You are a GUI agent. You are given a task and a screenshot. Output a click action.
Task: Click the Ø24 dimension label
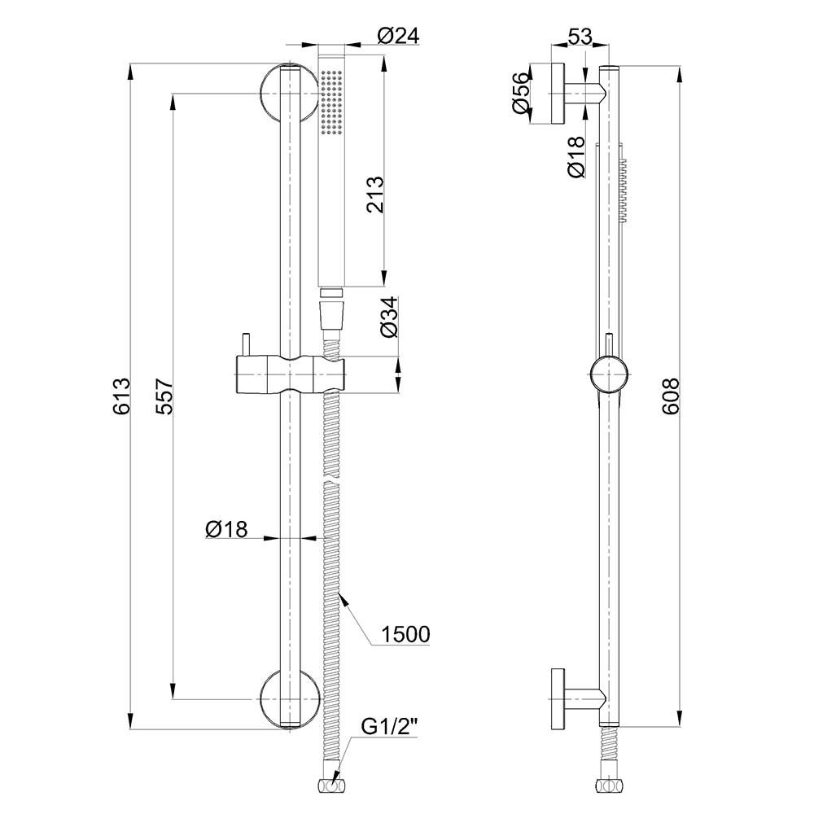point(398,36)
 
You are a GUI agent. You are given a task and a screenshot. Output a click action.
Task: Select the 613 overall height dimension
point(121,396)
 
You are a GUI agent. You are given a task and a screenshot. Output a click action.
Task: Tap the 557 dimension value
point(164,396)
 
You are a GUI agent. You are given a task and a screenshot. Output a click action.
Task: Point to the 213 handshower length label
point(374,195)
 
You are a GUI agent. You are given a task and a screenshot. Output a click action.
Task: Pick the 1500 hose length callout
point(405,634)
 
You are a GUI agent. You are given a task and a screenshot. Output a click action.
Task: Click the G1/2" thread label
point(389,728)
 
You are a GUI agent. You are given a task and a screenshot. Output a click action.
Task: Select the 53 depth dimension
point(580,37)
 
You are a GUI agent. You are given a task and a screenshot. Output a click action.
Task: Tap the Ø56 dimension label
point(520,94)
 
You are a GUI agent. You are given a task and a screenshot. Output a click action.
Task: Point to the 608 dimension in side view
point(671,396)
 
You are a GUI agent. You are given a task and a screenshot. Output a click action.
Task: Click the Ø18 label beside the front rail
point(226,529)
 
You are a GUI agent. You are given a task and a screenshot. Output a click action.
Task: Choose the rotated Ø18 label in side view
point(576,157)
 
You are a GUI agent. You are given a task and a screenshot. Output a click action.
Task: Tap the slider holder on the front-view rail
point(291,374)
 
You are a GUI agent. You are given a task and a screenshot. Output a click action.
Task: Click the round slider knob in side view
point(610,374)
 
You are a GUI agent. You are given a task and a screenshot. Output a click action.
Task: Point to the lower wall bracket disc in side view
point(558,698)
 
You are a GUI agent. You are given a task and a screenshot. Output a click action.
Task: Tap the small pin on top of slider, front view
point(244,344)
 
